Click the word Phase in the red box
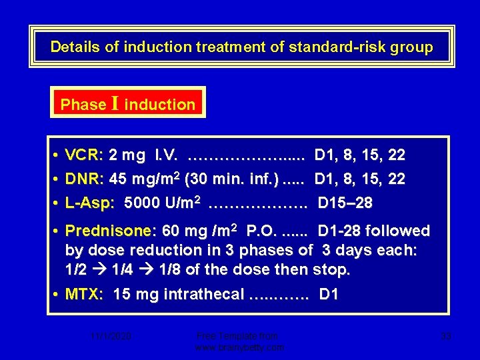(83, 105)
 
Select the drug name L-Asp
(89, 203)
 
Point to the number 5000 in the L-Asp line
(142, 203)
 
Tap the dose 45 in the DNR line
(117, 179)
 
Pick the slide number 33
(446, 337)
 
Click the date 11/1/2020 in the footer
(111, 337)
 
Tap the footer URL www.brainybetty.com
(239, 347)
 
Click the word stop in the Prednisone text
(334, 270)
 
